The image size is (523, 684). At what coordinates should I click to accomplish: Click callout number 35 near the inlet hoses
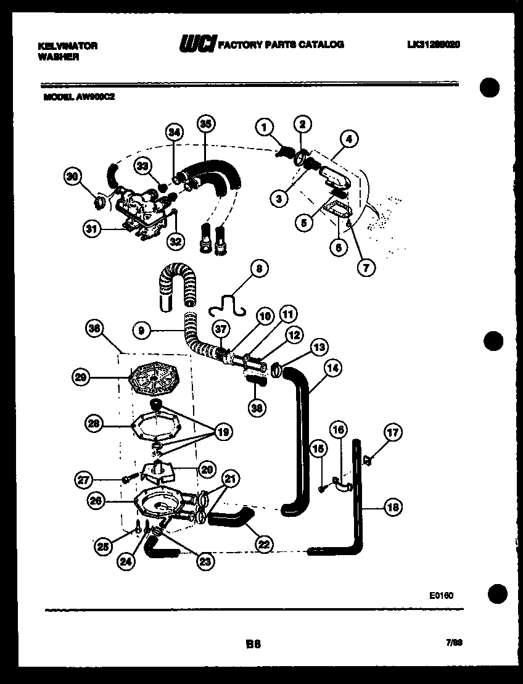[x=206, y=123]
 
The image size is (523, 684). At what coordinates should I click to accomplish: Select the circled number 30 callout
[x=73, y=177]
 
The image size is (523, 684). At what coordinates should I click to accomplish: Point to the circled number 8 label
[x=259, y=268]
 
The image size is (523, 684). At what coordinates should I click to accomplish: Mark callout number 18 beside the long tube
[x=392, y=508]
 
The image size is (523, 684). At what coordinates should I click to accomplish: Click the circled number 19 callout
[x=222, y=432]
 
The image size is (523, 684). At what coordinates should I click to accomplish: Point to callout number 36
[x=94, y=329]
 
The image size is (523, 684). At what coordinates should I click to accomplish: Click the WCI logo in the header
[x=197, y=44]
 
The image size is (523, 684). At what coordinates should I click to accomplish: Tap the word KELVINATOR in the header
[x=68, y=46]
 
